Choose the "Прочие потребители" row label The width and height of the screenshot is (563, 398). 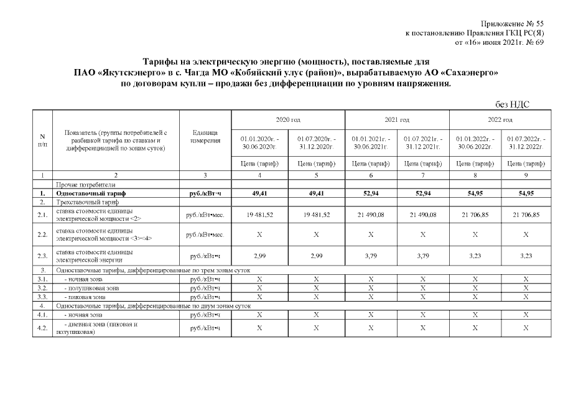81,185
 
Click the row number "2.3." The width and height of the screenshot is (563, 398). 42,256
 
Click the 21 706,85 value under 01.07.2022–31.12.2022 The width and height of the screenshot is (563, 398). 526,215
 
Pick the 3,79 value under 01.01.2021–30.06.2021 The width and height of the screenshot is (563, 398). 370,256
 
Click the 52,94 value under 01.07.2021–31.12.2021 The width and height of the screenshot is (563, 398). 422,193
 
